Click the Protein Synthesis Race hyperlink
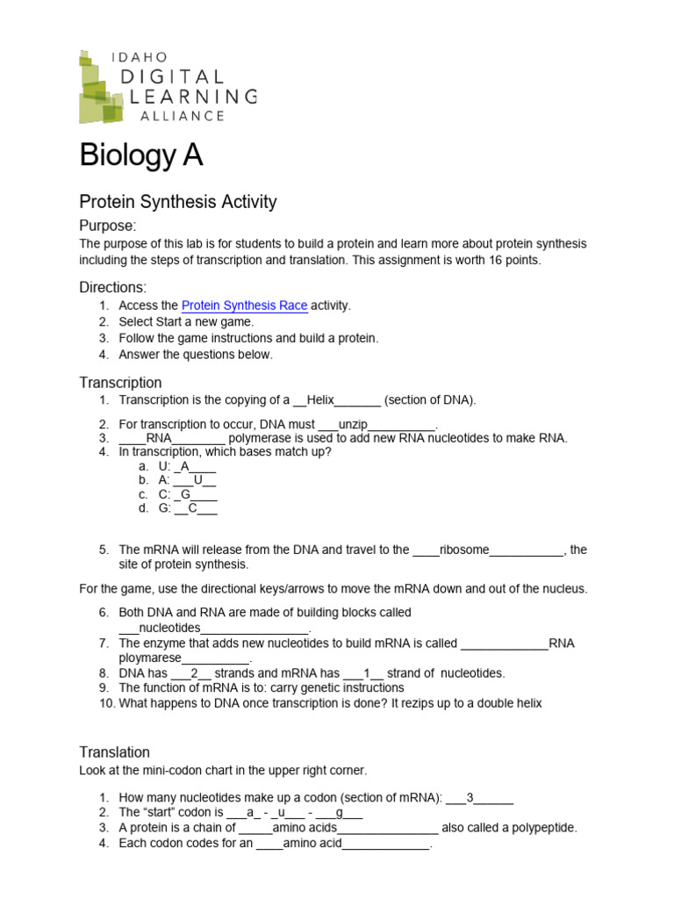point(244,306)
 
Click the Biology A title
point(140,155)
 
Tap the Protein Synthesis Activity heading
point(177,202)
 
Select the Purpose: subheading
point(108,226)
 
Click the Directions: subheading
point(112,287)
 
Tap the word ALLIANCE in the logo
point(177,115)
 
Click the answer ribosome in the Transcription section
point(463,550)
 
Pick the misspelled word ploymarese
point(150,658)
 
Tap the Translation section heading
point(114,752)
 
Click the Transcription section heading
point(120,383)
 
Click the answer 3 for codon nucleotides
point(470,798)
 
